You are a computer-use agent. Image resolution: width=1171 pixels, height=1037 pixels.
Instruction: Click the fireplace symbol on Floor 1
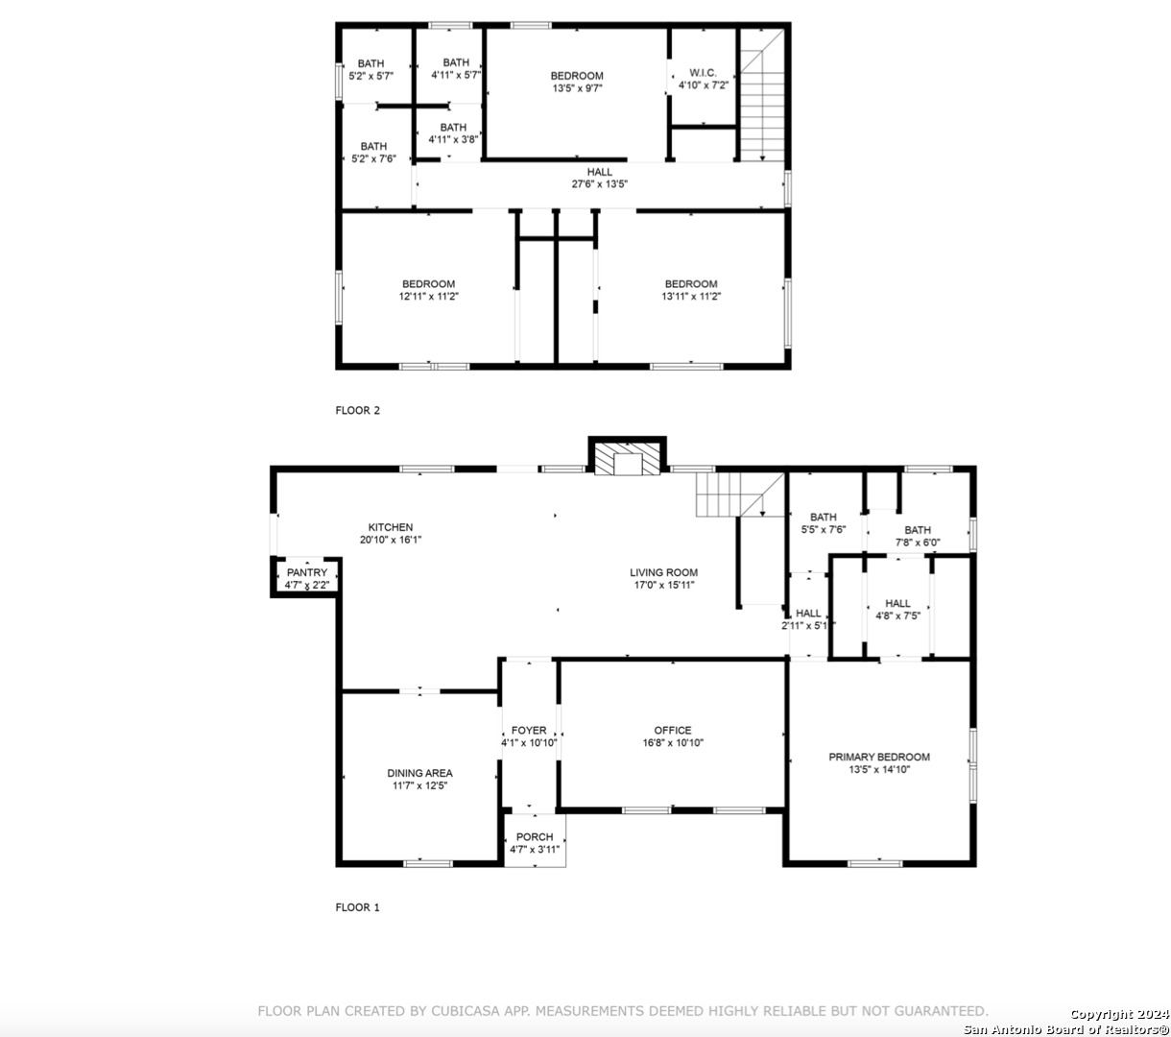pyautogui.click(x=627, y=459)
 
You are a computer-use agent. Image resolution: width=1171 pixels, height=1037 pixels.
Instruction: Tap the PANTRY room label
pyautogui.click(x=307, y=572)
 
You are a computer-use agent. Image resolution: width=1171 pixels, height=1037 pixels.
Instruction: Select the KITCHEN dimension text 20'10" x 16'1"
pyautogui.click(x=390, y=540)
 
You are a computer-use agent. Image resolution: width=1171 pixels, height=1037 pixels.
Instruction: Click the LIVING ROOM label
pyautogui.click(x=663, y=572)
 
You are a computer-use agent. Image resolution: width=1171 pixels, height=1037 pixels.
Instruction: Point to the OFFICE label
pyautogui.click(x=673, y=731)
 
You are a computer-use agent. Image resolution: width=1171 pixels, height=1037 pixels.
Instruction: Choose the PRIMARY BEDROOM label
pyautogui.click(x=879, y=757)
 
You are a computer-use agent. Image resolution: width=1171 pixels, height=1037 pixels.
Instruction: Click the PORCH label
pyautogui.click(x=535, y=837)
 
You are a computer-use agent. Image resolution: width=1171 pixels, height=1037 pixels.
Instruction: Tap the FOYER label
pyautogui.click(x=529, y=731)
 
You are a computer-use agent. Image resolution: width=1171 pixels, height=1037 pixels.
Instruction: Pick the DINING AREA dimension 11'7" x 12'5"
pyautogui.click(x=419, y=785)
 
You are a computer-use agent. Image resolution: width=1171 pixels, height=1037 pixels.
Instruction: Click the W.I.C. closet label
pyautogui.click(x=703, y=73)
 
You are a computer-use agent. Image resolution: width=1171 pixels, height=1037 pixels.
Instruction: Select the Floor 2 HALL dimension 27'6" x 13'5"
pyautogui.click(x=599, y=184)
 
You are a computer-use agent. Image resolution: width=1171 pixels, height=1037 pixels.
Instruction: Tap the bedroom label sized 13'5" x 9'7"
pyautogui.click(x=577, y=76)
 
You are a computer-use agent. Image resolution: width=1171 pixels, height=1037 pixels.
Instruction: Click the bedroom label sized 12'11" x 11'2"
pyautogui.click(x=428, y=284)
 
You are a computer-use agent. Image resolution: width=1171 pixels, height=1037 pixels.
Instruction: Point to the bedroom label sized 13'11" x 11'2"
pyautogui.click(x=691, y=284)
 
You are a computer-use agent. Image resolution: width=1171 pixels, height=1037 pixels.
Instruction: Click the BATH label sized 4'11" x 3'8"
pyautogui.click(x=453, y=128)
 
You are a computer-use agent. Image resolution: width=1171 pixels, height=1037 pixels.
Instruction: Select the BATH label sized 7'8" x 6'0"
pyautogui.click(x=918, y=530)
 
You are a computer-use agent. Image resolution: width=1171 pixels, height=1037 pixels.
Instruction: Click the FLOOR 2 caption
pyautogui.click(x=358, y=411)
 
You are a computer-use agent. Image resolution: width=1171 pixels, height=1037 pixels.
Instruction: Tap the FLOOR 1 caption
pyautogui.click(x=358, y=907)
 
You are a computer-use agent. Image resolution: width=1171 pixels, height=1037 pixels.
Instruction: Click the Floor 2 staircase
pyautogui.click(x=762, y=95)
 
